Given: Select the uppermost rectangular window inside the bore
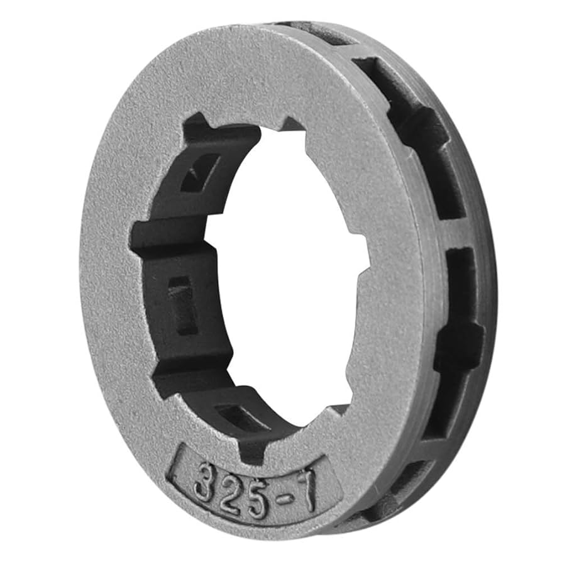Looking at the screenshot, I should pyautogui.click(x=200, y=172).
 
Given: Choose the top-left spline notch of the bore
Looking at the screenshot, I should pyautogui.click(x=195, y=126).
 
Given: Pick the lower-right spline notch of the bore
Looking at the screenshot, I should pyautogui.click(x=339, y=409).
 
